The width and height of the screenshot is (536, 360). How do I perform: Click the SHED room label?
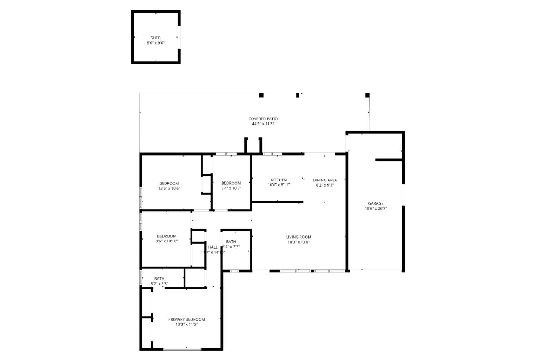click(156, 38)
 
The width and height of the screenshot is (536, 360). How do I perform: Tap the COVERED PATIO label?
click(263, 119)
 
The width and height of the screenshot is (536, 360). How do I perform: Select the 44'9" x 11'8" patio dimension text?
click(263, 124)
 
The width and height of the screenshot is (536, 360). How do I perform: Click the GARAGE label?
click(376, 203)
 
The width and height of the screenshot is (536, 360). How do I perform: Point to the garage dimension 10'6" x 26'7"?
click(376, 209)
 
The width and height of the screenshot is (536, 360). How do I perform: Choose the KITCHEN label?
click(278, 180)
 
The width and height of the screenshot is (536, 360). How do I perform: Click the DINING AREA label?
click(325, 180)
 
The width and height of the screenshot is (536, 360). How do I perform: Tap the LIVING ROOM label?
click(299, 237)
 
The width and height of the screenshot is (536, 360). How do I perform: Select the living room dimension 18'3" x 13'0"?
click(299, 242)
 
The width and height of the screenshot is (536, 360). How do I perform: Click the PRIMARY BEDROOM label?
click(186, 319)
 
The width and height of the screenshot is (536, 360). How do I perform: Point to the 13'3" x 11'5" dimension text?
click(186, 324)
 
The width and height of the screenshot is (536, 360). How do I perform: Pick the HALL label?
click(213, 247)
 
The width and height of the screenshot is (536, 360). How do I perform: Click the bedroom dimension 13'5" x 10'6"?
click(169, 189)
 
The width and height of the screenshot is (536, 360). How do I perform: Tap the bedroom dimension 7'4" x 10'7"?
click(231, 188)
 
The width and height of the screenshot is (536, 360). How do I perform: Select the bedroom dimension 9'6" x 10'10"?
click(167, 241)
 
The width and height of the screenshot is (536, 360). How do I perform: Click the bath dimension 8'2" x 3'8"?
click(159, 284)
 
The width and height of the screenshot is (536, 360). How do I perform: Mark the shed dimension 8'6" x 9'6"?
click(156, 43)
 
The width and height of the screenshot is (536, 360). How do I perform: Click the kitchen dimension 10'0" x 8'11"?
click(278, 185)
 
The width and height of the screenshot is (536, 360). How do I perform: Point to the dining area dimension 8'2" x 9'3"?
click(325, 185)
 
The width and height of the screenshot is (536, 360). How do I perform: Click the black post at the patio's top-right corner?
click(367, 95)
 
